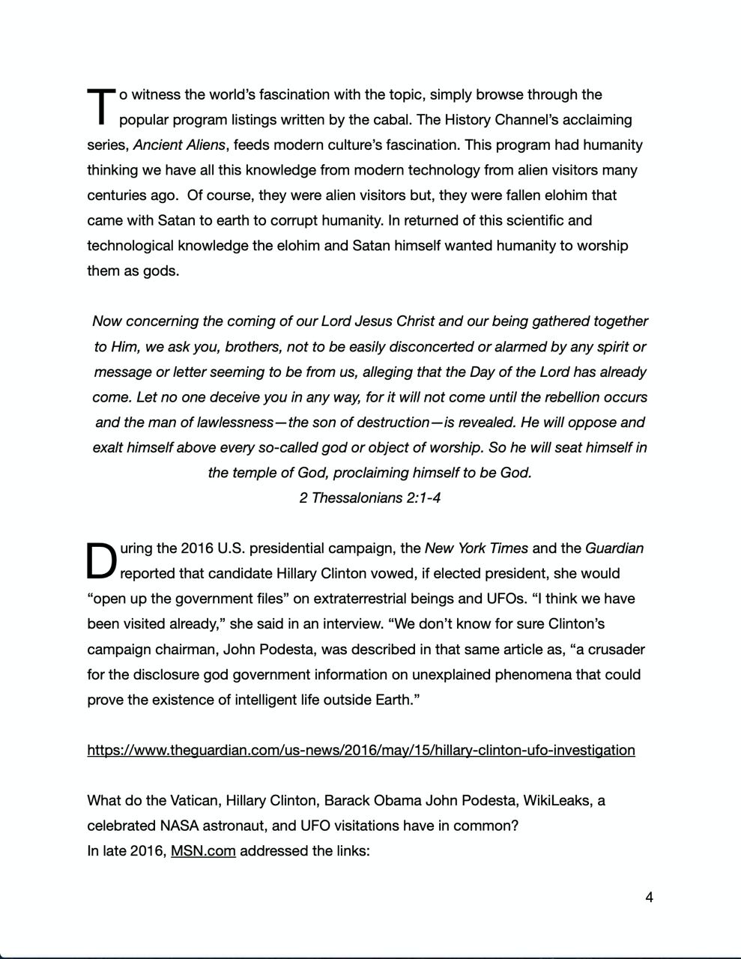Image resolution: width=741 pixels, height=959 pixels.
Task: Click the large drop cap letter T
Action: tap(101, 106)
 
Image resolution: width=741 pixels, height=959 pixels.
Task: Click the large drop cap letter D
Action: tap(102, 561)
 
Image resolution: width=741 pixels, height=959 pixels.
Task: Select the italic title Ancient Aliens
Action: tap(179, 145)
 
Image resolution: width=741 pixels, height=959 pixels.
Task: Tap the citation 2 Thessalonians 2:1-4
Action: tap(369, 498)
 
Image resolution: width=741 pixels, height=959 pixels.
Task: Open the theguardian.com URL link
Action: tap(360, 751)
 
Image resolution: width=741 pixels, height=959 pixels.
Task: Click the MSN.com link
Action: tap(203, 851)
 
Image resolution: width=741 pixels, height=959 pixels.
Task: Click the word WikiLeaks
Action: tap(555, 801)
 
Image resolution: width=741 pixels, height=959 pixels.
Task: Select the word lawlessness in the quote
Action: tap(227, 423)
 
